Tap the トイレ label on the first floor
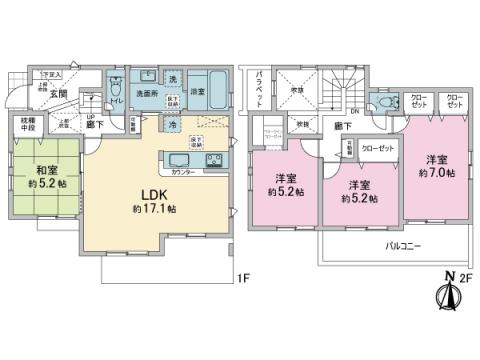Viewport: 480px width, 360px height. click(x=117, y=100)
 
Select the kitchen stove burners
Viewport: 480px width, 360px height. click(x=213, y=160)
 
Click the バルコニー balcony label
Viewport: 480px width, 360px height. click(x=400, y=245)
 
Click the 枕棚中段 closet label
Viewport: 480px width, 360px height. click(x=28, y=126)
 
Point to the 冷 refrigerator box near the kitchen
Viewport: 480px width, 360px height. click(x=172, y=125)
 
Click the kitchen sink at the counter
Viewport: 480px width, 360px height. click(x=179, y=160)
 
